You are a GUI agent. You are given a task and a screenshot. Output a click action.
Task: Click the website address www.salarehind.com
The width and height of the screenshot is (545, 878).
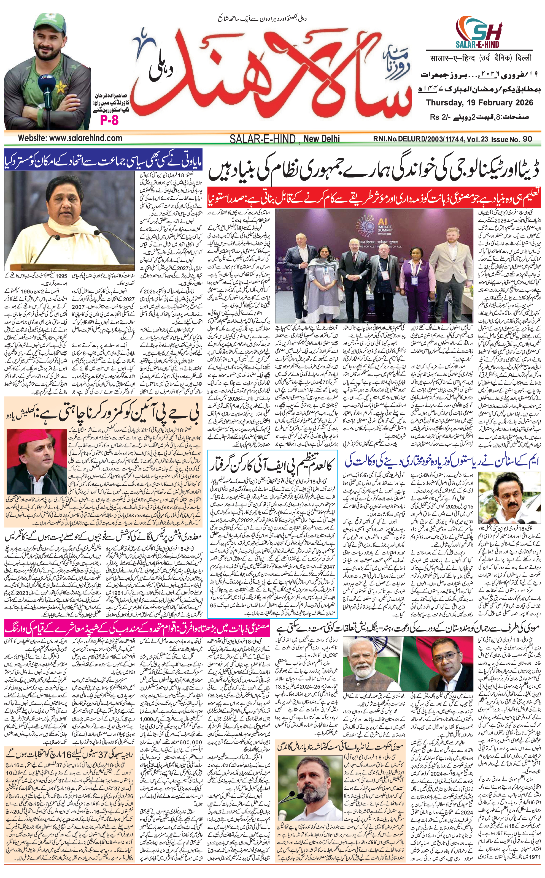pyautogui.click(x=70, y=138)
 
